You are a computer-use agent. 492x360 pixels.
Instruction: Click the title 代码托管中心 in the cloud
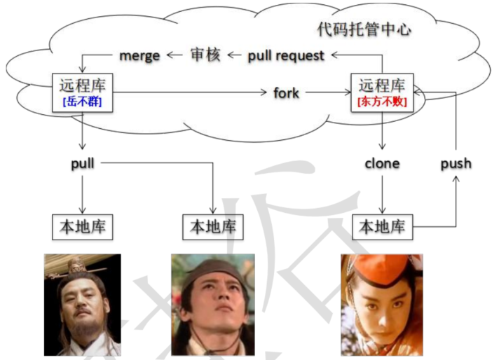click(x=364, y=29)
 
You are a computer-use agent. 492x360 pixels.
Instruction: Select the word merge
click(x=139, y=55)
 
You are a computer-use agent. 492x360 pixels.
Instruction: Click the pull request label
click(x=286, y=55)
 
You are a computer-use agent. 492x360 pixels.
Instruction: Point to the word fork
click(x=286, y=92)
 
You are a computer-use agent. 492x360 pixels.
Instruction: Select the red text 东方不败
click(x=382, y=101)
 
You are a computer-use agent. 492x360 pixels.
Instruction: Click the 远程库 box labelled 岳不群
click(x=83, y=92)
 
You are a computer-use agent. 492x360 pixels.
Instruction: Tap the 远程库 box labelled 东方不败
click(x=382, y=92)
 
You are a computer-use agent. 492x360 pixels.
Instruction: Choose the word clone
click(x=382, y=163)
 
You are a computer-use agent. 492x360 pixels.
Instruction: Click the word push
click(x=456, y=163)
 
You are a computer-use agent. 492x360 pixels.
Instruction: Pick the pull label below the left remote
click(x=83, y=163)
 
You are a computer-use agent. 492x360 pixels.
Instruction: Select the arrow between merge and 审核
click(x=173, y=55)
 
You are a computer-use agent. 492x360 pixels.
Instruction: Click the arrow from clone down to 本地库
click(x=382, y=193)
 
